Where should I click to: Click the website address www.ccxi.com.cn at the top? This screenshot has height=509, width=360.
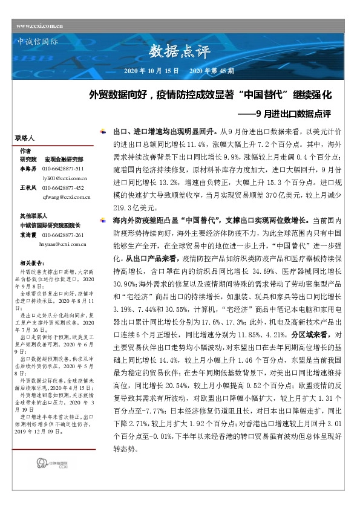coord(41,26)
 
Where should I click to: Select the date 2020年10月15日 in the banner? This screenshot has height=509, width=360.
coord(151,71)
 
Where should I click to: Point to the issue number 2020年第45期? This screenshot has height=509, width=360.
coord(212,71)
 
